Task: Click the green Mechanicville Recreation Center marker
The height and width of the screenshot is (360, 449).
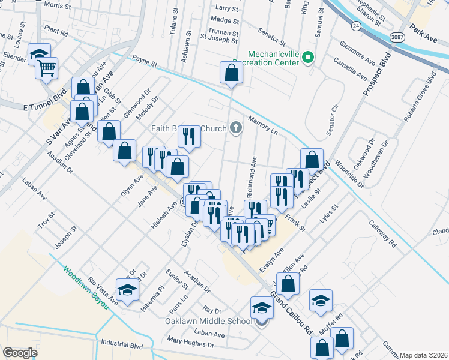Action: point(308,58)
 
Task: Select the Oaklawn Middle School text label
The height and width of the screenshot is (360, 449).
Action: point(208,321)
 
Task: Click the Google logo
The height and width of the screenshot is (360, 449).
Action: point(20,353)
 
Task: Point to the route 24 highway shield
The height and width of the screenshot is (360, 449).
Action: point(355,26)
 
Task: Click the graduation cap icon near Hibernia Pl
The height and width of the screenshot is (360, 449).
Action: point(127,290)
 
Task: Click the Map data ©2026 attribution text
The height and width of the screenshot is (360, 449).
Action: point(424,355)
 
